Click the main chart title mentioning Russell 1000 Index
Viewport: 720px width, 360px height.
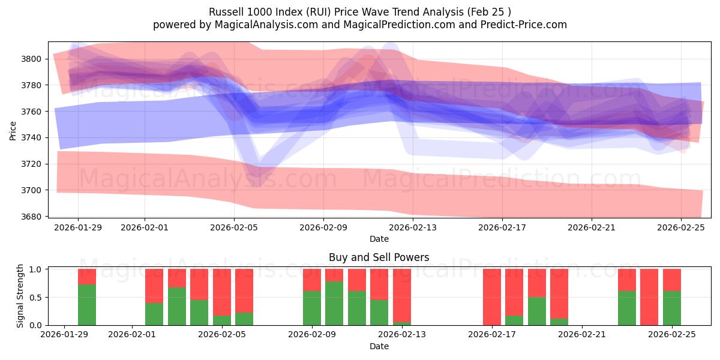(x=360, y=11)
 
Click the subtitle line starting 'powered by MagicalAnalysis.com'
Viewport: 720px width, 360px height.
(x=360, y=25)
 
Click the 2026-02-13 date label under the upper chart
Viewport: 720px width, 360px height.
(x=413, y=227)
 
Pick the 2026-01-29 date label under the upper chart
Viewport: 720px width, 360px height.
(x=78, y=227)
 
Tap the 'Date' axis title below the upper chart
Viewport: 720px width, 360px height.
(x=379, y=239)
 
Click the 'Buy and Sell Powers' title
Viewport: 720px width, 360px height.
(x=379, y=257)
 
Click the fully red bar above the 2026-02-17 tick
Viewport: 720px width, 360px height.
(x=492, y=297)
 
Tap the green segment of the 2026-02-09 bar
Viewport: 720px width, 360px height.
(x=312, y=308)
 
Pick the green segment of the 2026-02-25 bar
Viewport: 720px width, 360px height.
(x=672, y=308)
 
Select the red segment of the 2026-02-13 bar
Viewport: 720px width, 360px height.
(x=402, y=294)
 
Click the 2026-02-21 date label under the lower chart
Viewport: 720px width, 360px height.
(x=582, y=335)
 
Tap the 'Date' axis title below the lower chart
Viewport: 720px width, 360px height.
(x=379, y=346)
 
